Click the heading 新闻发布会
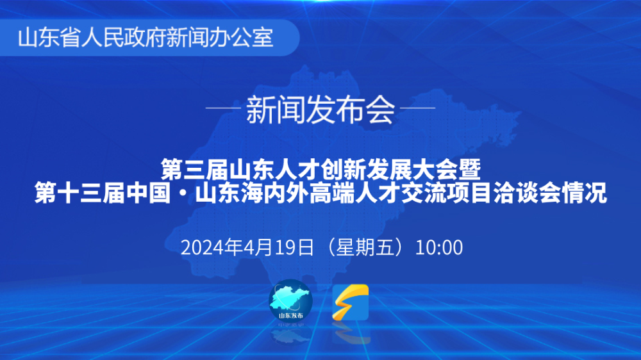tap(320, 110)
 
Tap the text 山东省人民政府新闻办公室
tap(146, 38)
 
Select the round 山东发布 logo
tap(290, 300)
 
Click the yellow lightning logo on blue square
tap(351, 302)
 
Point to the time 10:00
tap(439, 248)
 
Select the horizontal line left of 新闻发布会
tap(223, 108)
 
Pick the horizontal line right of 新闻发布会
tap(418, 108)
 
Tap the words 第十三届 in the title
tap(79, 193)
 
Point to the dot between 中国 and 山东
tap(183, 193)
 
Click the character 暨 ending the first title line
tap(469, 170)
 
